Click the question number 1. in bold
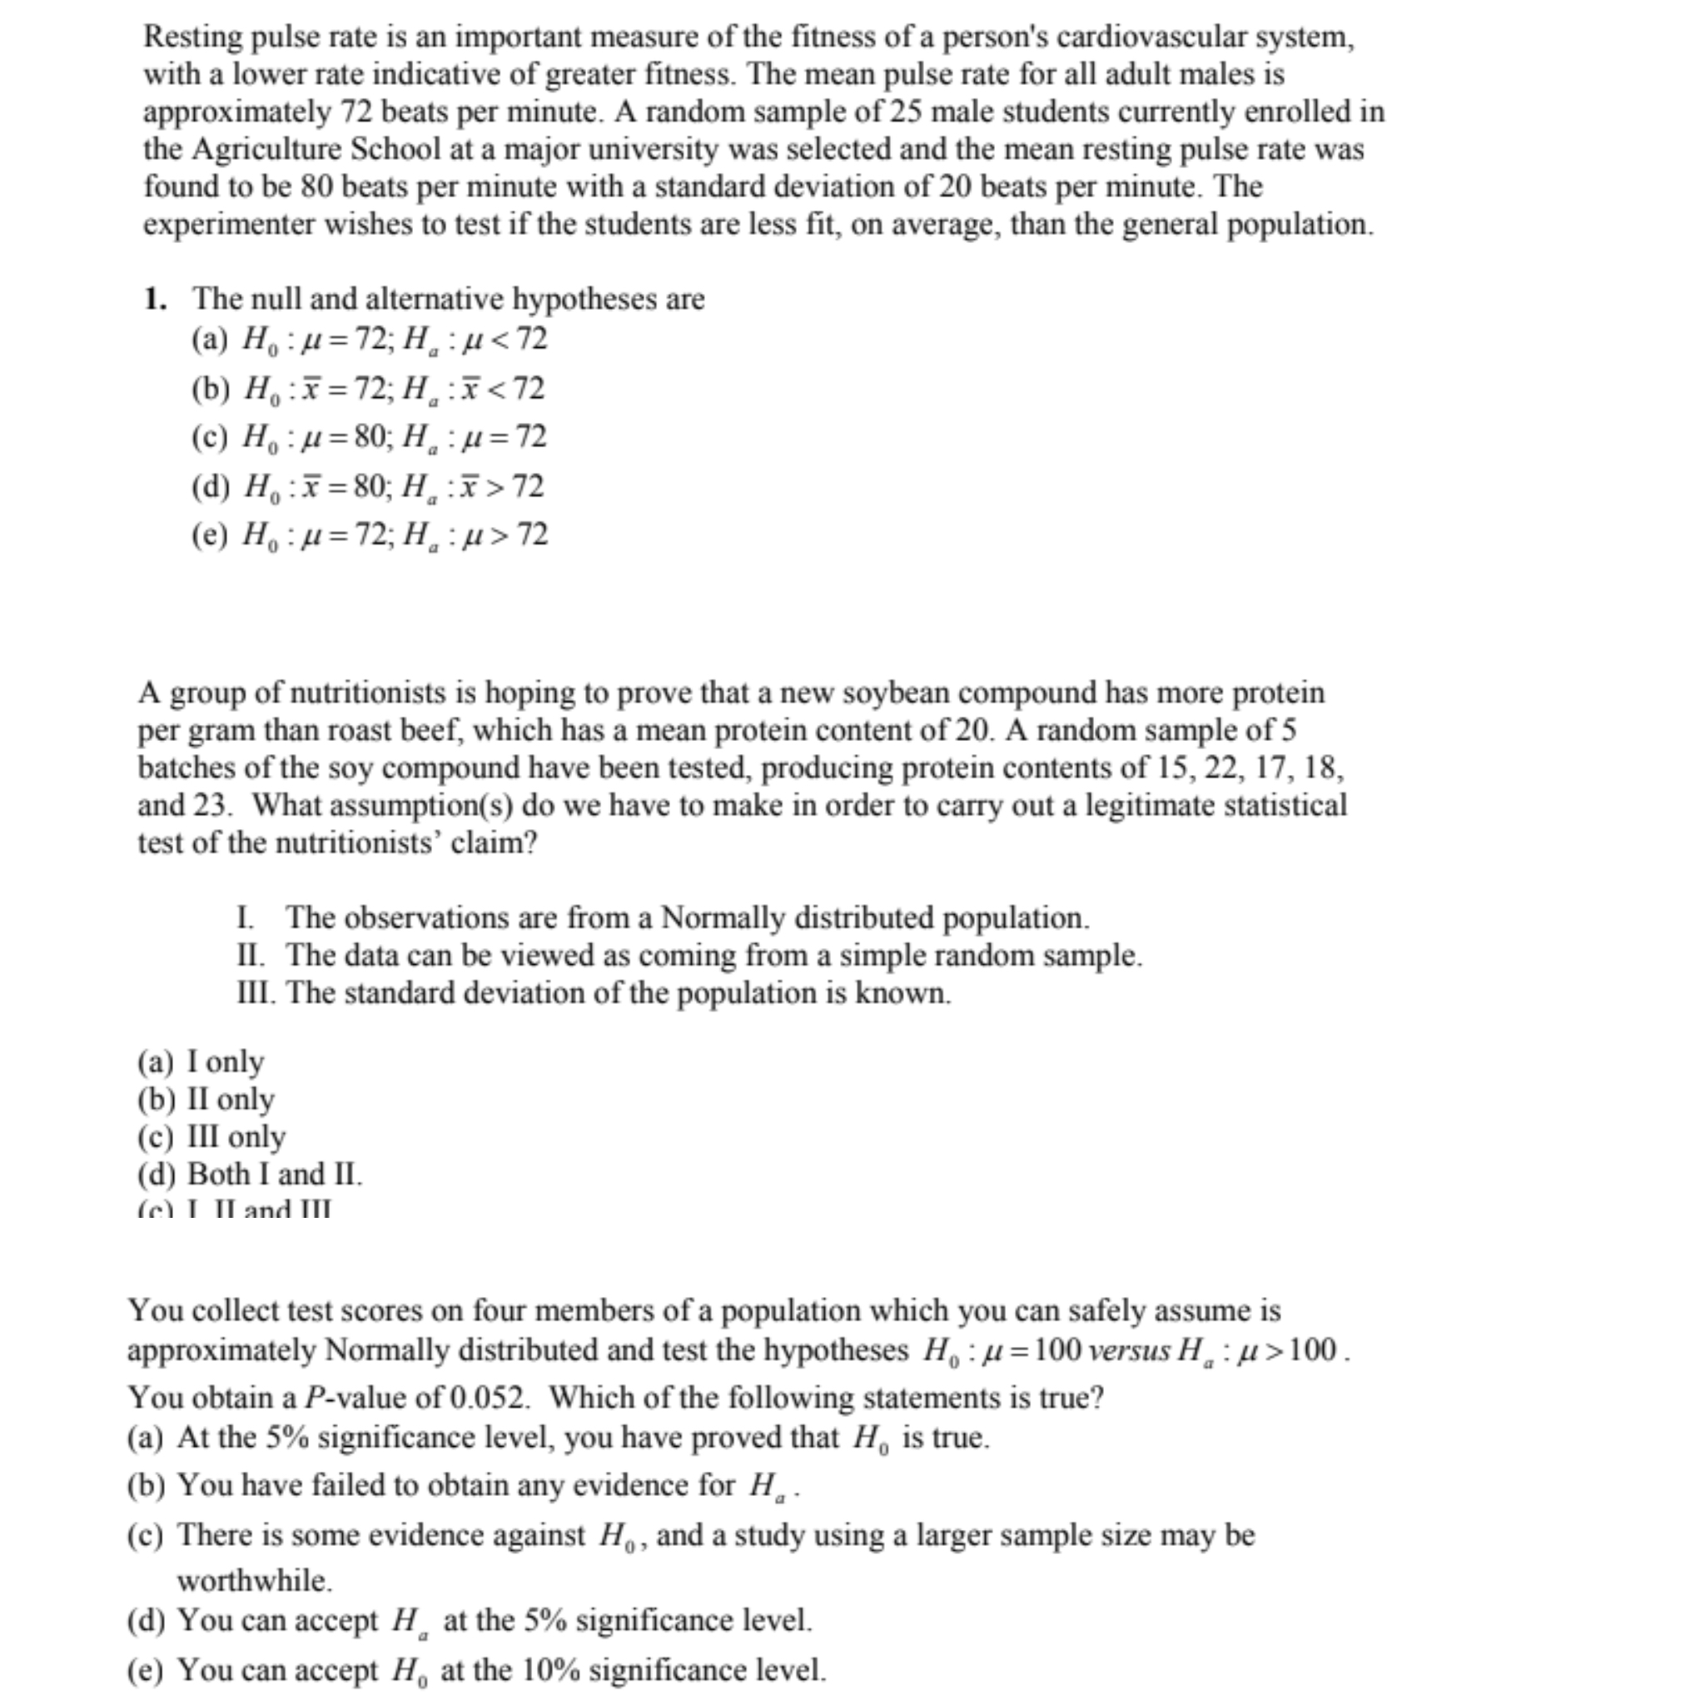(x=156, y=299)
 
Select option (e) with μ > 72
(x=370, y=534)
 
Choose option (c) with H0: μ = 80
(x=370, y=437)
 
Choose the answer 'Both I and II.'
(x=275, y=1175)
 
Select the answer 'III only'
(x=236, y=1136)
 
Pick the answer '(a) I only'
(x=201, y=1061)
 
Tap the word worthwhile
(x=254, y=1580)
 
